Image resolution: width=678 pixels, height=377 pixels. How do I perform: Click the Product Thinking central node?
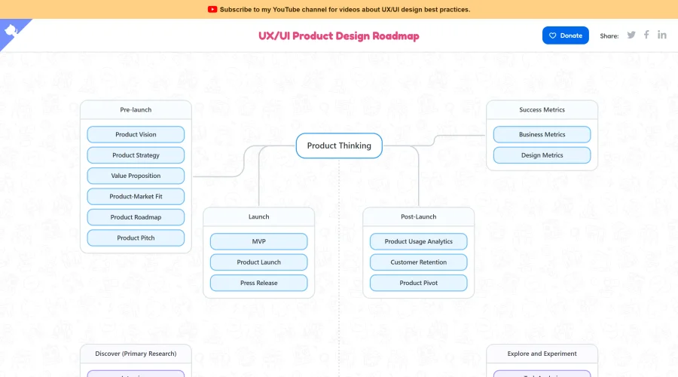(x=339, y=146)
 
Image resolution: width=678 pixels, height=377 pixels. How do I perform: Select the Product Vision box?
(x=136, y=134)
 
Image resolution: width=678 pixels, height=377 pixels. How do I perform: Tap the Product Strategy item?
(x=136, y=155)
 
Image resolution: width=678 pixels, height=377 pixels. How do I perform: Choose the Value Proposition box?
(x=136, y=176)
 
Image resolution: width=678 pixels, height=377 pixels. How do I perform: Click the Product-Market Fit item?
(x=136, y=196)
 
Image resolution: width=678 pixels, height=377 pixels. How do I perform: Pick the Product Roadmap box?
(x=136, y=217)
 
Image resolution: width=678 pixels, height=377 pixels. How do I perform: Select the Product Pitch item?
(x=136, y=238)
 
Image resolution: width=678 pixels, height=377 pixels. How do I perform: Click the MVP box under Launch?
(x=258, y=241)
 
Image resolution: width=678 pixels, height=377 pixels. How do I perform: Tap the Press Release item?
(x=258, y=283)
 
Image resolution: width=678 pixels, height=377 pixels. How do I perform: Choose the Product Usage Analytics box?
(x=418, y=241)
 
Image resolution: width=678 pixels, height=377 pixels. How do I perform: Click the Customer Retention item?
(x=418, y=262)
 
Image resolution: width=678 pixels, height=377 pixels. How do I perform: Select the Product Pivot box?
(x=418, y=283)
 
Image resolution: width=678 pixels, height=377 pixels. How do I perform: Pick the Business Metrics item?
(x=542, y=134)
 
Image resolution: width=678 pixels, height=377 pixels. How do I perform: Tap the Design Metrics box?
(x=542, y=155)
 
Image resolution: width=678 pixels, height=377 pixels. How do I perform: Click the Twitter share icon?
(x=631, y=35)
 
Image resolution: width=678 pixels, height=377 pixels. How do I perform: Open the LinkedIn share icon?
(x=661, y=35)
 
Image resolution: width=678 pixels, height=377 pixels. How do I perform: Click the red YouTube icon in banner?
(x=212, y=10)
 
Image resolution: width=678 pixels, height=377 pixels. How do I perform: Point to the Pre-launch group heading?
(x=136, y=110)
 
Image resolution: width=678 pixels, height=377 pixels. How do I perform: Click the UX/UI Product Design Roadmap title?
(x=338, y=35)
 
